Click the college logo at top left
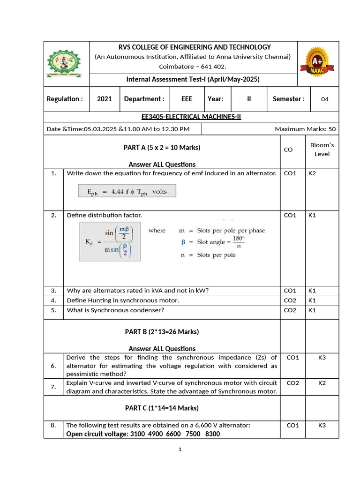click(67, 64)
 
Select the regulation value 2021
click(104, 99)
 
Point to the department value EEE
click(187, 99)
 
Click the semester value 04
click(325, 99)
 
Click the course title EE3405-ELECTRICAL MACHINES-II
click(191, 117)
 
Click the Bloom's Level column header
click(322, 149)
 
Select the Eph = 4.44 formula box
click(127, 191)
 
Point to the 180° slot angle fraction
click(239, 241)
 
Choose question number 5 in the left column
click(53, 310)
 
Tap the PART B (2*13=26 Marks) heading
click(162, 332)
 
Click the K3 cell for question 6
click(322, 358)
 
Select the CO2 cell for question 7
click(292, 383)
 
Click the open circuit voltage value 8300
click(212, 434)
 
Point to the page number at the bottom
click(180, 450)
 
